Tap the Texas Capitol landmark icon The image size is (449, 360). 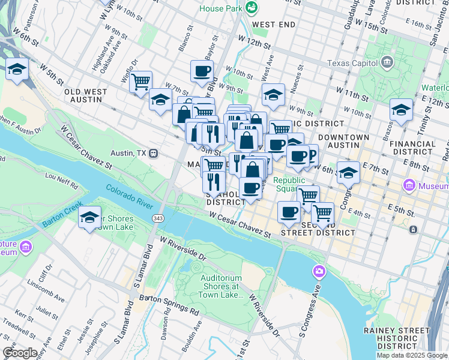pos(387,62)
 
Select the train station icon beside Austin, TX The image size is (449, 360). pos(154,153)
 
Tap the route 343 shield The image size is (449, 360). pos(158,217)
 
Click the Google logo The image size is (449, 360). pos(20,353)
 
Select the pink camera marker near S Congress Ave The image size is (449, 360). pos(319,272)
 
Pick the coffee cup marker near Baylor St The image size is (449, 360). pos(202,71)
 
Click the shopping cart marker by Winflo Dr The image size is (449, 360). pos(140,82)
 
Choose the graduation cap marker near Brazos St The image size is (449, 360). pos(401,110)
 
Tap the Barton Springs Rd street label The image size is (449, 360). pos(169,304)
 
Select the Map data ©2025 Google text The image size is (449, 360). pos(412,355)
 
